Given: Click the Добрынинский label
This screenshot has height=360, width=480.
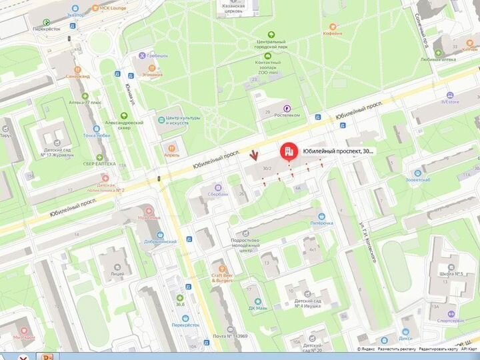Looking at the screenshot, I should point(159,241).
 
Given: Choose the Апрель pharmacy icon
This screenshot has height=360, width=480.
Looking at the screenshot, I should point(172,146).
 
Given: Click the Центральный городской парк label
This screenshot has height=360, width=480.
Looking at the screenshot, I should point(271,45).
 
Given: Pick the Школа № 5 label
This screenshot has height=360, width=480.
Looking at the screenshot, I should point(451,274).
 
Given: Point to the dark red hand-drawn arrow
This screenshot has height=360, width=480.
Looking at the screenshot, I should point(254,156).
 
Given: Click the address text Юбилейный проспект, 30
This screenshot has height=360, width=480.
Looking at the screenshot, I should point(339,151).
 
